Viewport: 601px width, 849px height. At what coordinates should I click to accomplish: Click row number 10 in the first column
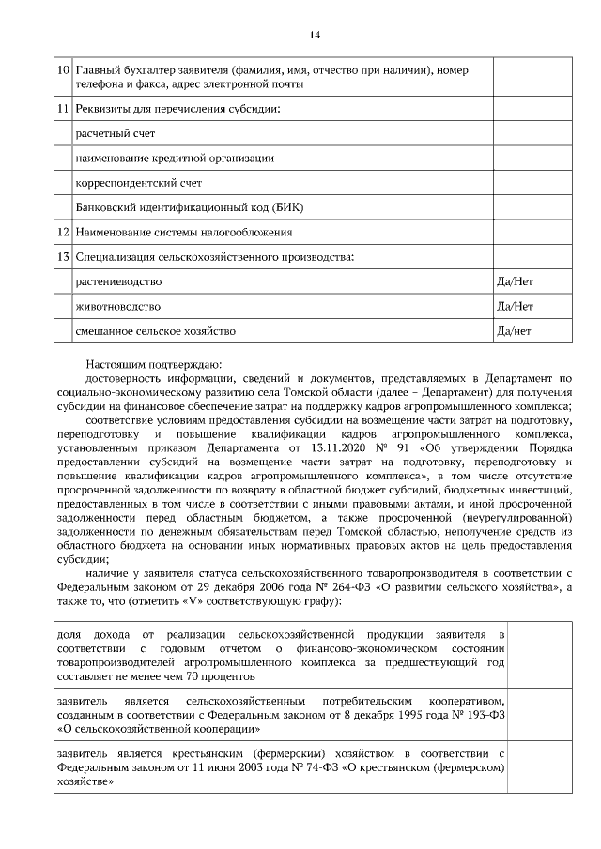(x=62, y=70)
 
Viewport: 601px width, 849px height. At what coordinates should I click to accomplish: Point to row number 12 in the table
(x=62, y=232)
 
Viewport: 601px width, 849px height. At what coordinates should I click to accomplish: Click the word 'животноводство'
(x=117, y=306)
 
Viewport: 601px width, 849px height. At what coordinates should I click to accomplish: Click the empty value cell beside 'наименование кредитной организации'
(x=528, y=159)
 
